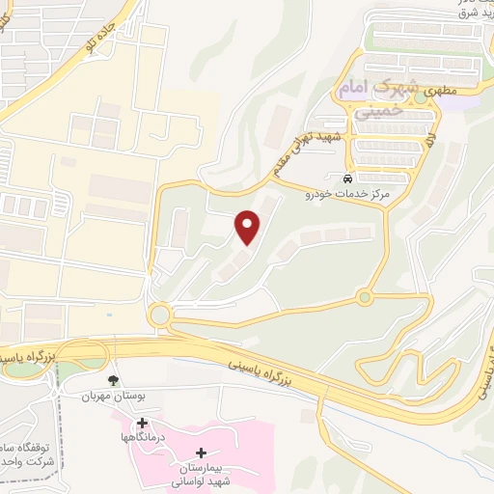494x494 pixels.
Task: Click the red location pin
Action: pos(248,226)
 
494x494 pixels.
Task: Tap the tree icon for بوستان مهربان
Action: pos(114,380)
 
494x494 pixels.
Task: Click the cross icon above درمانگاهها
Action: pos(143,423)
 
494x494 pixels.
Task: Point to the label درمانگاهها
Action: pos(143,438)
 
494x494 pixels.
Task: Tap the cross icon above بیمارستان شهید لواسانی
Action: pos(201,453)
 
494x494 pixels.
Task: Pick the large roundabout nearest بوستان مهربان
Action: pos(159,315)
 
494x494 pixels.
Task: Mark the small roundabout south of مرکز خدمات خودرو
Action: pos(364,296)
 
